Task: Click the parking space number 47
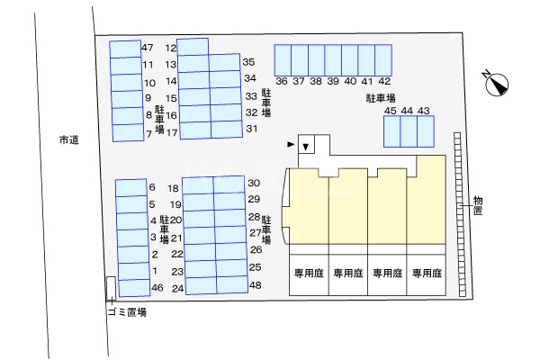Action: tap(148, 48)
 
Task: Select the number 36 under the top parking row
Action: tap(282, 81)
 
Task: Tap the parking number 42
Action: tap(384, 81)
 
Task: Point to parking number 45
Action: tap(390, 111)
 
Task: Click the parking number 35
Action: tap(249, 62)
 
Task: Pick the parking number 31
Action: tap(252, 129)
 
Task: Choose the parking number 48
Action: tap(255, 285)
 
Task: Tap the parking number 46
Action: tap(157, 288)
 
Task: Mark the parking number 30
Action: tap(254, 182)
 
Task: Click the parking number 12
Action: tap(171, 48)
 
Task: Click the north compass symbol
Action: tap(496, 85)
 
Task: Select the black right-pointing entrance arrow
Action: tap(290, 144)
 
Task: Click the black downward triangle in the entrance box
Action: tap(306, 147)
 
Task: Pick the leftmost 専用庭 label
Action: tap(307, 273)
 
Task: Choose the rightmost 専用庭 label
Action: tap(426, 273)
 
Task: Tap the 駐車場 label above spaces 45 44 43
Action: tap(382, 96)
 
